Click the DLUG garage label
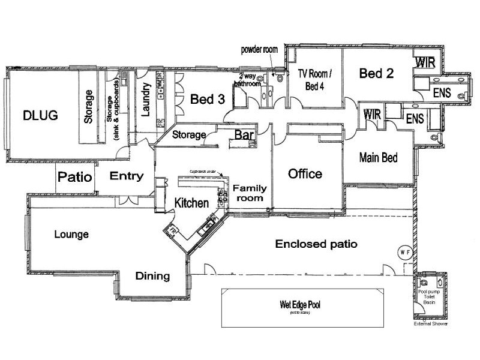[x=40, y=115]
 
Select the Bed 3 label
[x=207, y=99]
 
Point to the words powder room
[x=260, y=49]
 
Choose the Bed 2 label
[x=376, y=74]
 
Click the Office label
[x=305, y=174]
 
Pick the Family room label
[x=249, y=193]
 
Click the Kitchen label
[x=191, y=203]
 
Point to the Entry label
[x=127, y=176]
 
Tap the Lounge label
[x=71, y=234]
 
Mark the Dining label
[x=152, y=276]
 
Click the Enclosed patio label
[x=316, y=244]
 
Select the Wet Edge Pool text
[x=300, y=305]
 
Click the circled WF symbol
[x=405, y=253]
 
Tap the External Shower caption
[x=431, y=324]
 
